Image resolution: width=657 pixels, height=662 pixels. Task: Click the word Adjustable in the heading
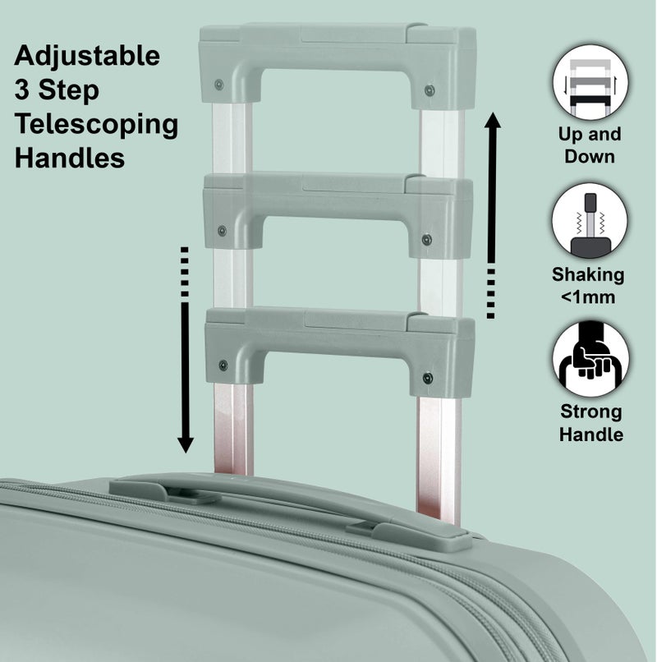point(88,57)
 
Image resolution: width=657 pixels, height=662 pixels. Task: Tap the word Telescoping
point(97,124)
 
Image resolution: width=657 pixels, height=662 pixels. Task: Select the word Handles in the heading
point(70,158)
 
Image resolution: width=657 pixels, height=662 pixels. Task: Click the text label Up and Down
point(590,145)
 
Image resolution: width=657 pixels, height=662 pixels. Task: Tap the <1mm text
point(590,297)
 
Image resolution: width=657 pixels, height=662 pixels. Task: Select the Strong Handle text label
point(590,423)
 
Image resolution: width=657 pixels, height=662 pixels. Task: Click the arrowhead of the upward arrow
point(493,124)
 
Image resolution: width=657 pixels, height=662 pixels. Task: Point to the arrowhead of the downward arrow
point(186,444)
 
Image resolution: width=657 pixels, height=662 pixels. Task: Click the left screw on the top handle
point(219,85)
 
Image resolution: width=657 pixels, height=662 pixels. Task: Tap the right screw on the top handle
point(429,90)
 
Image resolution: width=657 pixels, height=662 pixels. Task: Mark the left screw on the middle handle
point(220,231)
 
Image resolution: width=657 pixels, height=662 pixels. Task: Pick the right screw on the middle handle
point(426,240)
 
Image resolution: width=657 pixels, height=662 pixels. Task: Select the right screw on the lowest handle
point(427,378)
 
